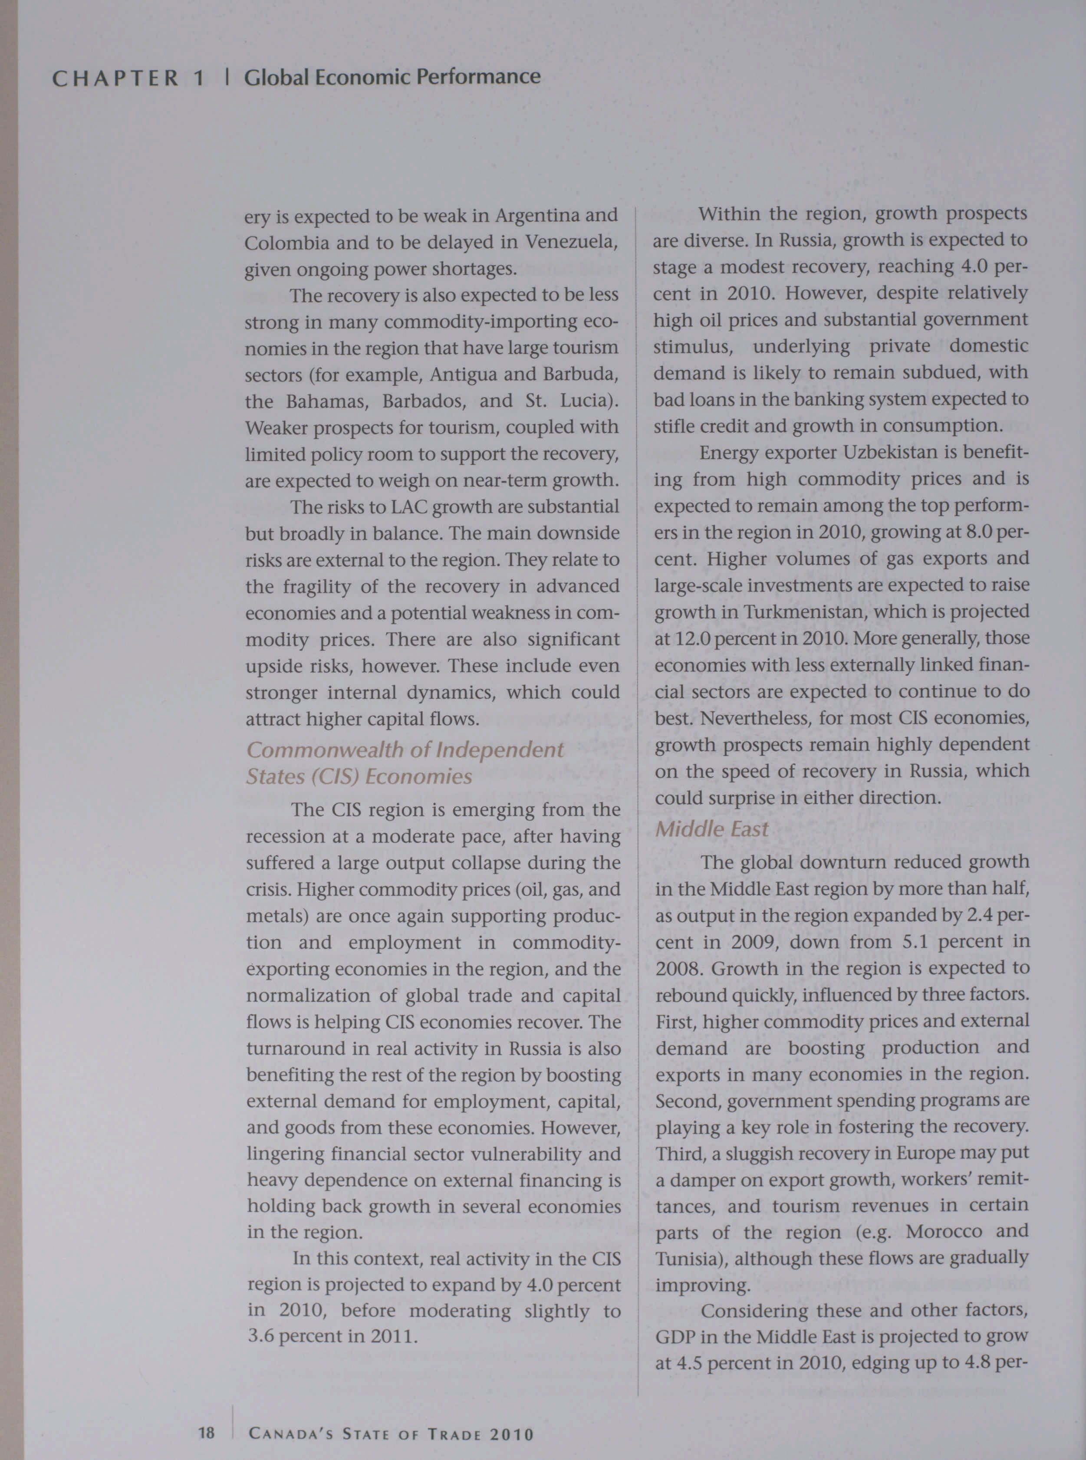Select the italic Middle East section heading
(x=711, y=829)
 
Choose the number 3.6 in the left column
(x=260, y=1337)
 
